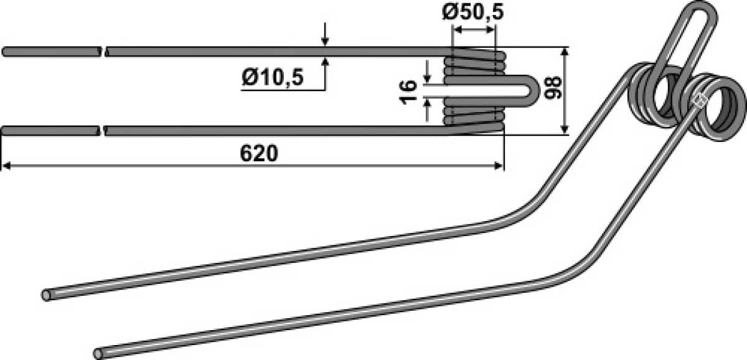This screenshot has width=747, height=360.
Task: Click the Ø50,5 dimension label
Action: point(472,12)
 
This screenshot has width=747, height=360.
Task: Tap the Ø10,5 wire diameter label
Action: point(273,77)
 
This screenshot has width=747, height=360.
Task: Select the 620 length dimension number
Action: point(258,153)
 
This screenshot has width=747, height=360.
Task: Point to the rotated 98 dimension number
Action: point(553,87)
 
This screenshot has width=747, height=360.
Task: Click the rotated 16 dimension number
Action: point(408,92)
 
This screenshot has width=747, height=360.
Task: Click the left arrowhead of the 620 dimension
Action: point(7,166)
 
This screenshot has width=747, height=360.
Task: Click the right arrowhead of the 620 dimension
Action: point(498,166)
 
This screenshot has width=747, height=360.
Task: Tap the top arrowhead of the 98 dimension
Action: point(564,52)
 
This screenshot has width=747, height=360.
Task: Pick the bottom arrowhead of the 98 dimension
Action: point(564,130)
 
